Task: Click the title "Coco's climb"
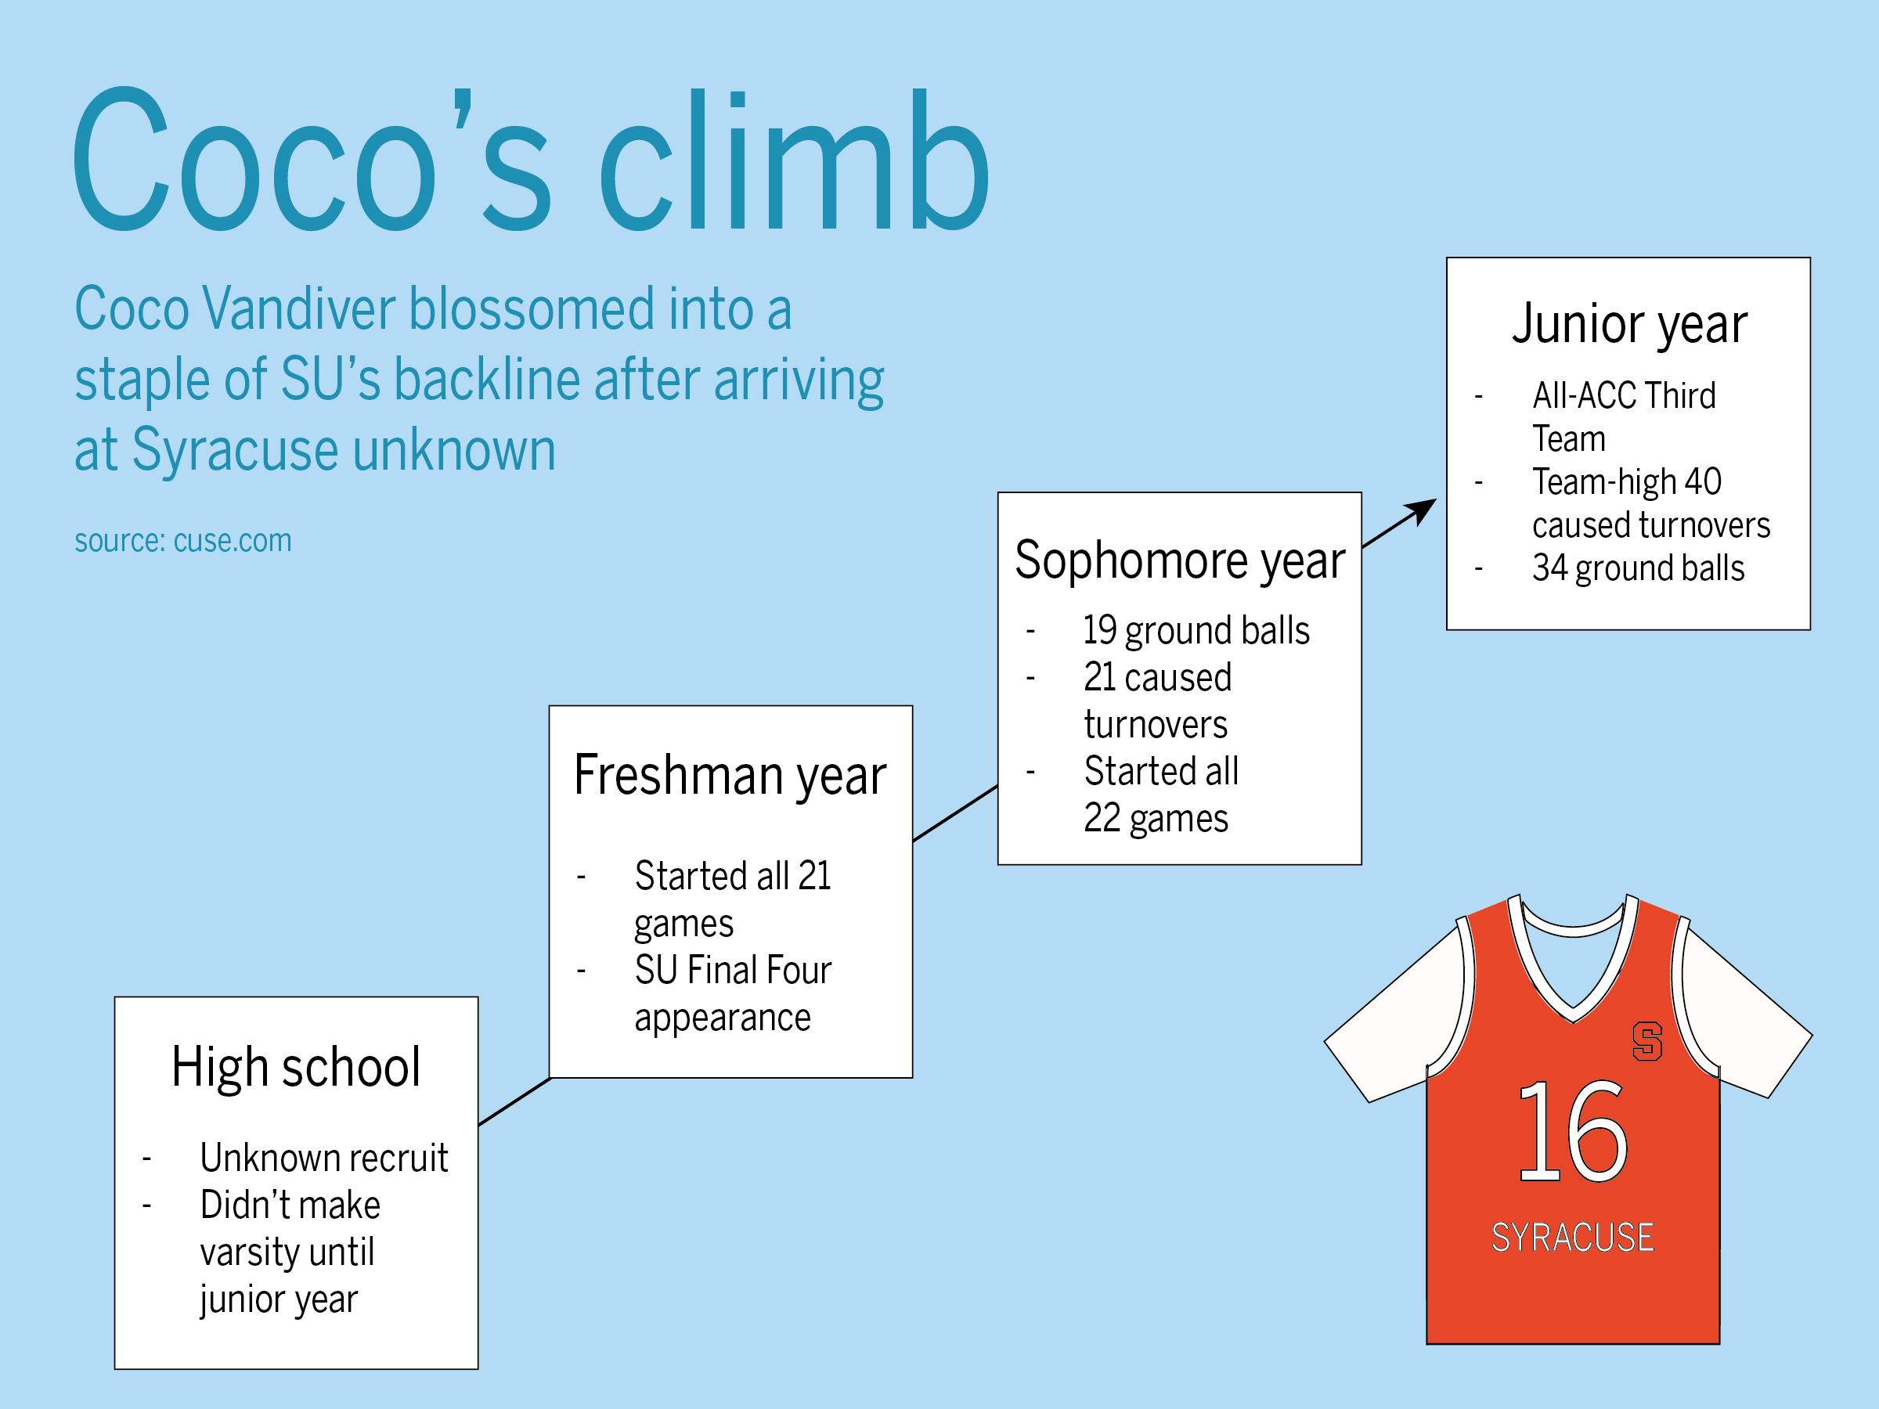532,160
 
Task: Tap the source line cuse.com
182,541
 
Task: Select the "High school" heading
296,1067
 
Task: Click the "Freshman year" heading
730,776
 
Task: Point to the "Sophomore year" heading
1180,560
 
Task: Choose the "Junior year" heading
1629,324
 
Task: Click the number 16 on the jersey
1572,1131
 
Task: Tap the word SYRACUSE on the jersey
1572,1238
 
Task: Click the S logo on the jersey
1647,1040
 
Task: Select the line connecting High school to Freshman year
515,1101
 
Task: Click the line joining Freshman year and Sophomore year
955,813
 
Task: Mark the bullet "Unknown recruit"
323,1158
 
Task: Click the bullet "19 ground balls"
1196,630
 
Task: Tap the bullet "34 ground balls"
1638,568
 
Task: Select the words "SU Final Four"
732,970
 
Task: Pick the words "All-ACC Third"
1623,396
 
